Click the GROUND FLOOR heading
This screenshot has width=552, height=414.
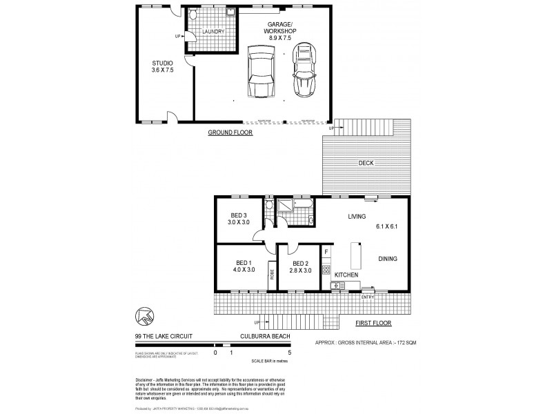230,132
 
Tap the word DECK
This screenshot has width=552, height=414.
366,164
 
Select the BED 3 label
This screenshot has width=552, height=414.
237,214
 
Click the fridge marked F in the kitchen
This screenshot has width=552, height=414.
326,253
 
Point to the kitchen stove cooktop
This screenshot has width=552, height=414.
326,269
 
